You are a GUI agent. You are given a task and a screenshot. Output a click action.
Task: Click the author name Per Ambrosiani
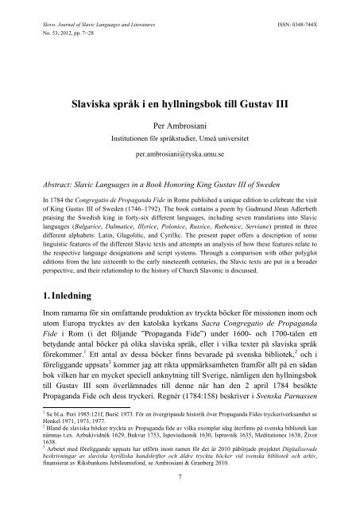[180, 124]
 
